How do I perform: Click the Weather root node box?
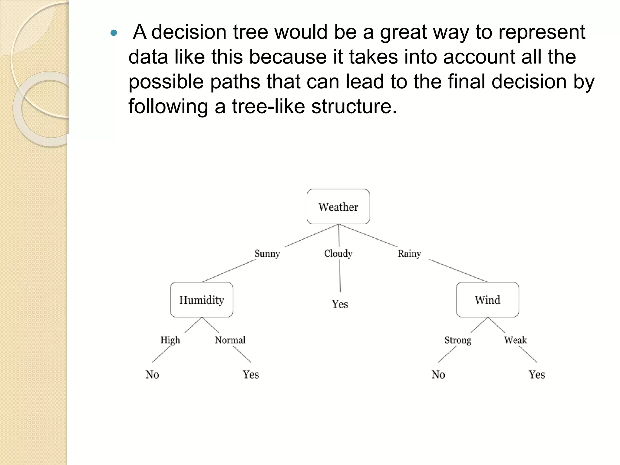[338, 207]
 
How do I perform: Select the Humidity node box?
[202, 300]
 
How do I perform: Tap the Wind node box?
[487, 300]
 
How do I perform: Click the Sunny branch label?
[267, 253]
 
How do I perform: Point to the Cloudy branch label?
[338, 253]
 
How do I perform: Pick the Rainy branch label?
[409, 253]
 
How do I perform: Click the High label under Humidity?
[170, 340]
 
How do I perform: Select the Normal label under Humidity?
[230, 340]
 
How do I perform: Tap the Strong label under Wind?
[458, 340]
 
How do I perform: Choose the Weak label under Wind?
[515, 340]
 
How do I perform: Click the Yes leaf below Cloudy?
[340, 304]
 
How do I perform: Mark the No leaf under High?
[152, 374]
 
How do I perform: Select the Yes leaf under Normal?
[251, 374]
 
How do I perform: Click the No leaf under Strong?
[438, 374]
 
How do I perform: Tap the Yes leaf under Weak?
[537, 374]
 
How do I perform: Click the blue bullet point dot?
[114, 33]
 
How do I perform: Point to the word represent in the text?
[542, 32]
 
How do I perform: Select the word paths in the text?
[235, 81]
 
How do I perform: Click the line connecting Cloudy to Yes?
[340, 275]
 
